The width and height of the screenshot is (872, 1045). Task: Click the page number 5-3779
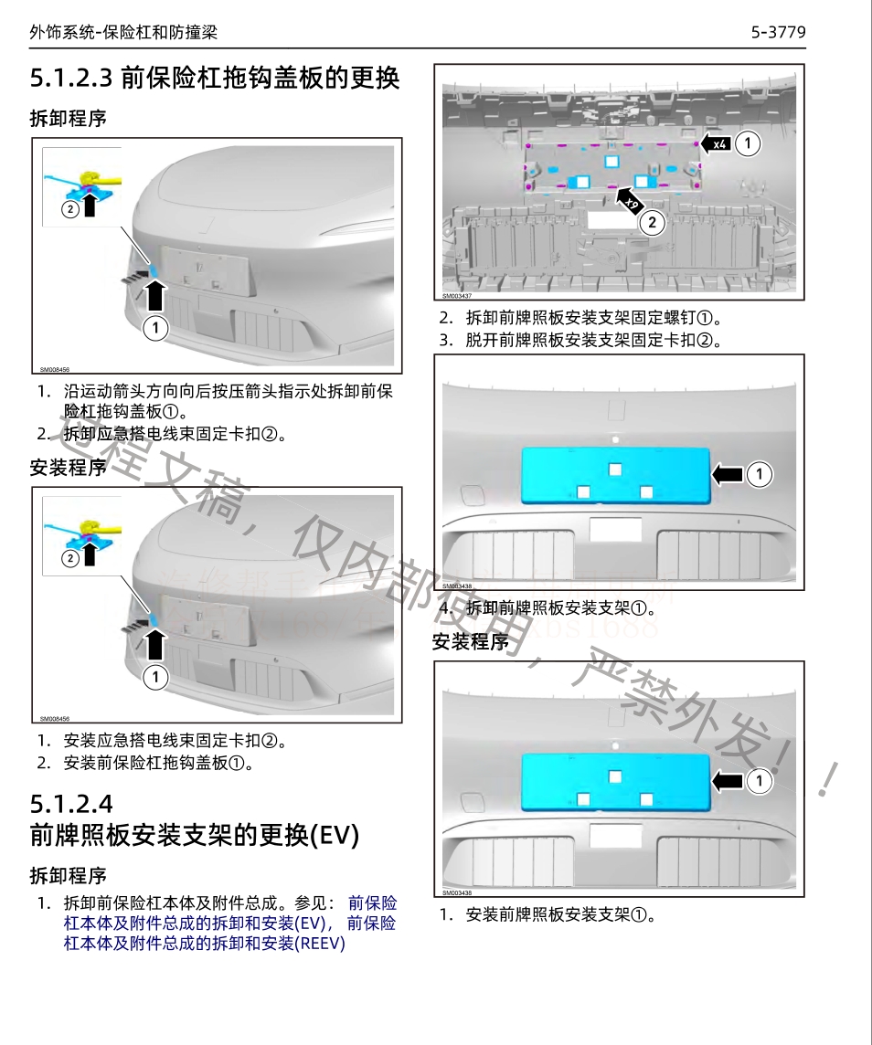(778, 33)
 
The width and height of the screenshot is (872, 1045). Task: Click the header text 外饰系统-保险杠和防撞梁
(123, 33)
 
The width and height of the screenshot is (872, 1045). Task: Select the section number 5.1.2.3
(71, 78)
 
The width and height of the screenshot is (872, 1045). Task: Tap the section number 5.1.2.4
(71, 804)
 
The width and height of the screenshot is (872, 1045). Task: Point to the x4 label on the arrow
(719, 144)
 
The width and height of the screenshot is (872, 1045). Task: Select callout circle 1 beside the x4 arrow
(748, 143)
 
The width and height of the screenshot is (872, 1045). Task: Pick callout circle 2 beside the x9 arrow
(651, 221)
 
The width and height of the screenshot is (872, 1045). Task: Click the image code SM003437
(457, 296)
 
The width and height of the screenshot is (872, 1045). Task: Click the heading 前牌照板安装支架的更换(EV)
(195, 835)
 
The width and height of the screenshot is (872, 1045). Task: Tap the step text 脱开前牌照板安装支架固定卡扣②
(593, 341)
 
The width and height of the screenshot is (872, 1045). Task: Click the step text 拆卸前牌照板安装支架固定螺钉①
(593, 319)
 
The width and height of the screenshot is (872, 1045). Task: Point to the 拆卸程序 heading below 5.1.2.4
(69, 876)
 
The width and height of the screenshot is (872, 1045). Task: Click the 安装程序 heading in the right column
(471, 642)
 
